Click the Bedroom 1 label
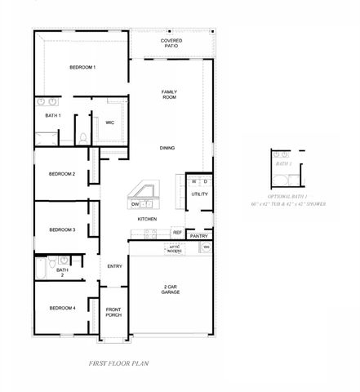(82, 67)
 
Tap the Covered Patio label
(171, 42)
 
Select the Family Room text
(169, 94)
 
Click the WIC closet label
(109, 123)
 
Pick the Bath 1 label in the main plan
(53, 116)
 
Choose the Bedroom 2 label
(62, 174)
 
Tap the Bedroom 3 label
(62, 230)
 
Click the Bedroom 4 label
(62, 308)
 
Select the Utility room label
(199, 194)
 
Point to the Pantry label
(198, 236)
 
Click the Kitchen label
(147, 220)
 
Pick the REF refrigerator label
(176, 233)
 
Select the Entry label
(114, 265)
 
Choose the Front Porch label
(114, 313)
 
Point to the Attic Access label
(175, 247)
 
